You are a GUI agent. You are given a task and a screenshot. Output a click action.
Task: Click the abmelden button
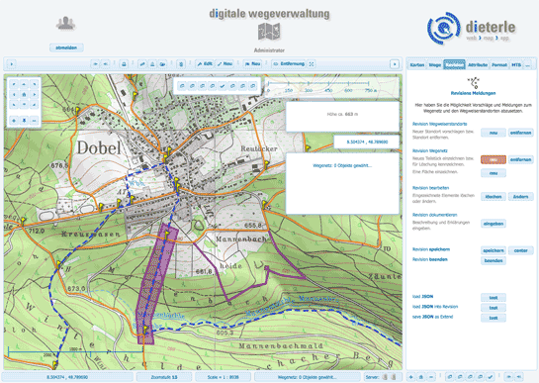pos(66,47)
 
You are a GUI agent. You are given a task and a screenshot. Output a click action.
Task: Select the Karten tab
pos(417,64)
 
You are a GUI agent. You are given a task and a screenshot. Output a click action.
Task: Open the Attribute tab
pos(477,64)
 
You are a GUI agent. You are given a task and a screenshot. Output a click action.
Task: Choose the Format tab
pos(499,64)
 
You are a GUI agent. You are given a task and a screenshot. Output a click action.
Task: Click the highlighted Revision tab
pos(454,64)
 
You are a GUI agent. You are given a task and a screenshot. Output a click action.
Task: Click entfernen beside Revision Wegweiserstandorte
pos(520,132)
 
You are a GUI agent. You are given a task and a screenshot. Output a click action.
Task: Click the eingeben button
pos(493,224)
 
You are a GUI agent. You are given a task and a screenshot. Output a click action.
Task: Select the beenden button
pos(493,260)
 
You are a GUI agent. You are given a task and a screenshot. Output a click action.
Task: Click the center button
pos(520,250)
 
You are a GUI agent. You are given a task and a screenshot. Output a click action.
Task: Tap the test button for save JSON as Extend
pos(493,319)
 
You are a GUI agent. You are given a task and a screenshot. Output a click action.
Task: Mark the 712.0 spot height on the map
pos(38,231)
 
